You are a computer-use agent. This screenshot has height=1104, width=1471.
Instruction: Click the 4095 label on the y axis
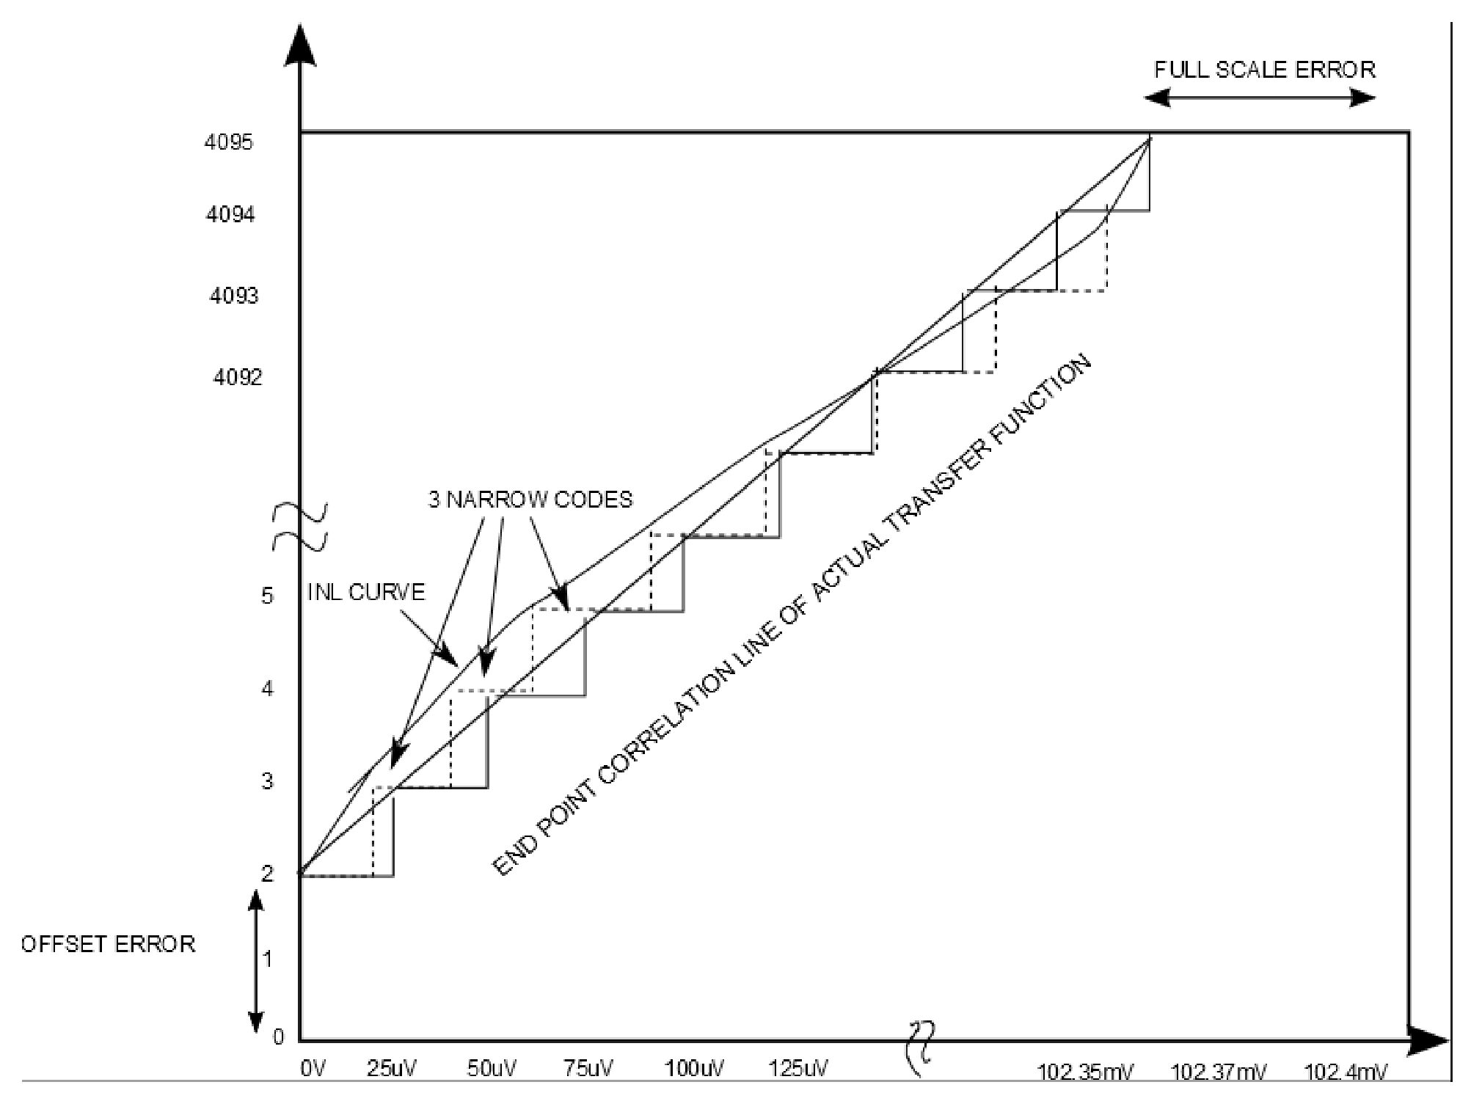pos(228,142)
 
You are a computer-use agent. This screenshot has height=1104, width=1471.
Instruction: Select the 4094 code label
pos(230,214)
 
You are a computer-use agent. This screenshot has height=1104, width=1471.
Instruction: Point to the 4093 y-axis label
pos(234,296)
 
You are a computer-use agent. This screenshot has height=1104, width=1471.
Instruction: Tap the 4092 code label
pos(237,377)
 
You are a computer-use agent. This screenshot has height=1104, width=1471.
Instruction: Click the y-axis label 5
pos(267,596)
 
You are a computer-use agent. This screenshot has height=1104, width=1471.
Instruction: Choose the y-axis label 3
pos(267,781)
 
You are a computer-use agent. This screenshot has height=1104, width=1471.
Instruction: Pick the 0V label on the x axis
pos(313,1069)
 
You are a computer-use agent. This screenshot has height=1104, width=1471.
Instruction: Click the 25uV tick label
pos(391,1069)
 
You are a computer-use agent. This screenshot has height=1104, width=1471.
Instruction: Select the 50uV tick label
pos(492,1069)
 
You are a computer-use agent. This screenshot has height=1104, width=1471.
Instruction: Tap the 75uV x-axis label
pos(588,1069)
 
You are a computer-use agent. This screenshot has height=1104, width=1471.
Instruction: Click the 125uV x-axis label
pos(798,1069)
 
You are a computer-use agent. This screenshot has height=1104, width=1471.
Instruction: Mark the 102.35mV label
pos(1084,1073)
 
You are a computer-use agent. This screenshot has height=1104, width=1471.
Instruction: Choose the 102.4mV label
pos(1345,1073)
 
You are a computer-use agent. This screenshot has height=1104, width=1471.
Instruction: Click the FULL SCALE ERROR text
pos(1265,70)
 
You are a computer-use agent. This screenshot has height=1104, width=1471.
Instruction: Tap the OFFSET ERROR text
pos(108,943)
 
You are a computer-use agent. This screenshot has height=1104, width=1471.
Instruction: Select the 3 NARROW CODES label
pos(530,500)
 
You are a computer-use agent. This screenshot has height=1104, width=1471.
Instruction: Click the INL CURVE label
pos(365,592)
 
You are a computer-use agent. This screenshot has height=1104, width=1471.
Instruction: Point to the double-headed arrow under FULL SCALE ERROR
pos(1260,98)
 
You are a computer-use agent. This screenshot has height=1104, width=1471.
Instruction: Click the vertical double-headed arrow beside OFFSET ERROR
pos(255,962)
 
